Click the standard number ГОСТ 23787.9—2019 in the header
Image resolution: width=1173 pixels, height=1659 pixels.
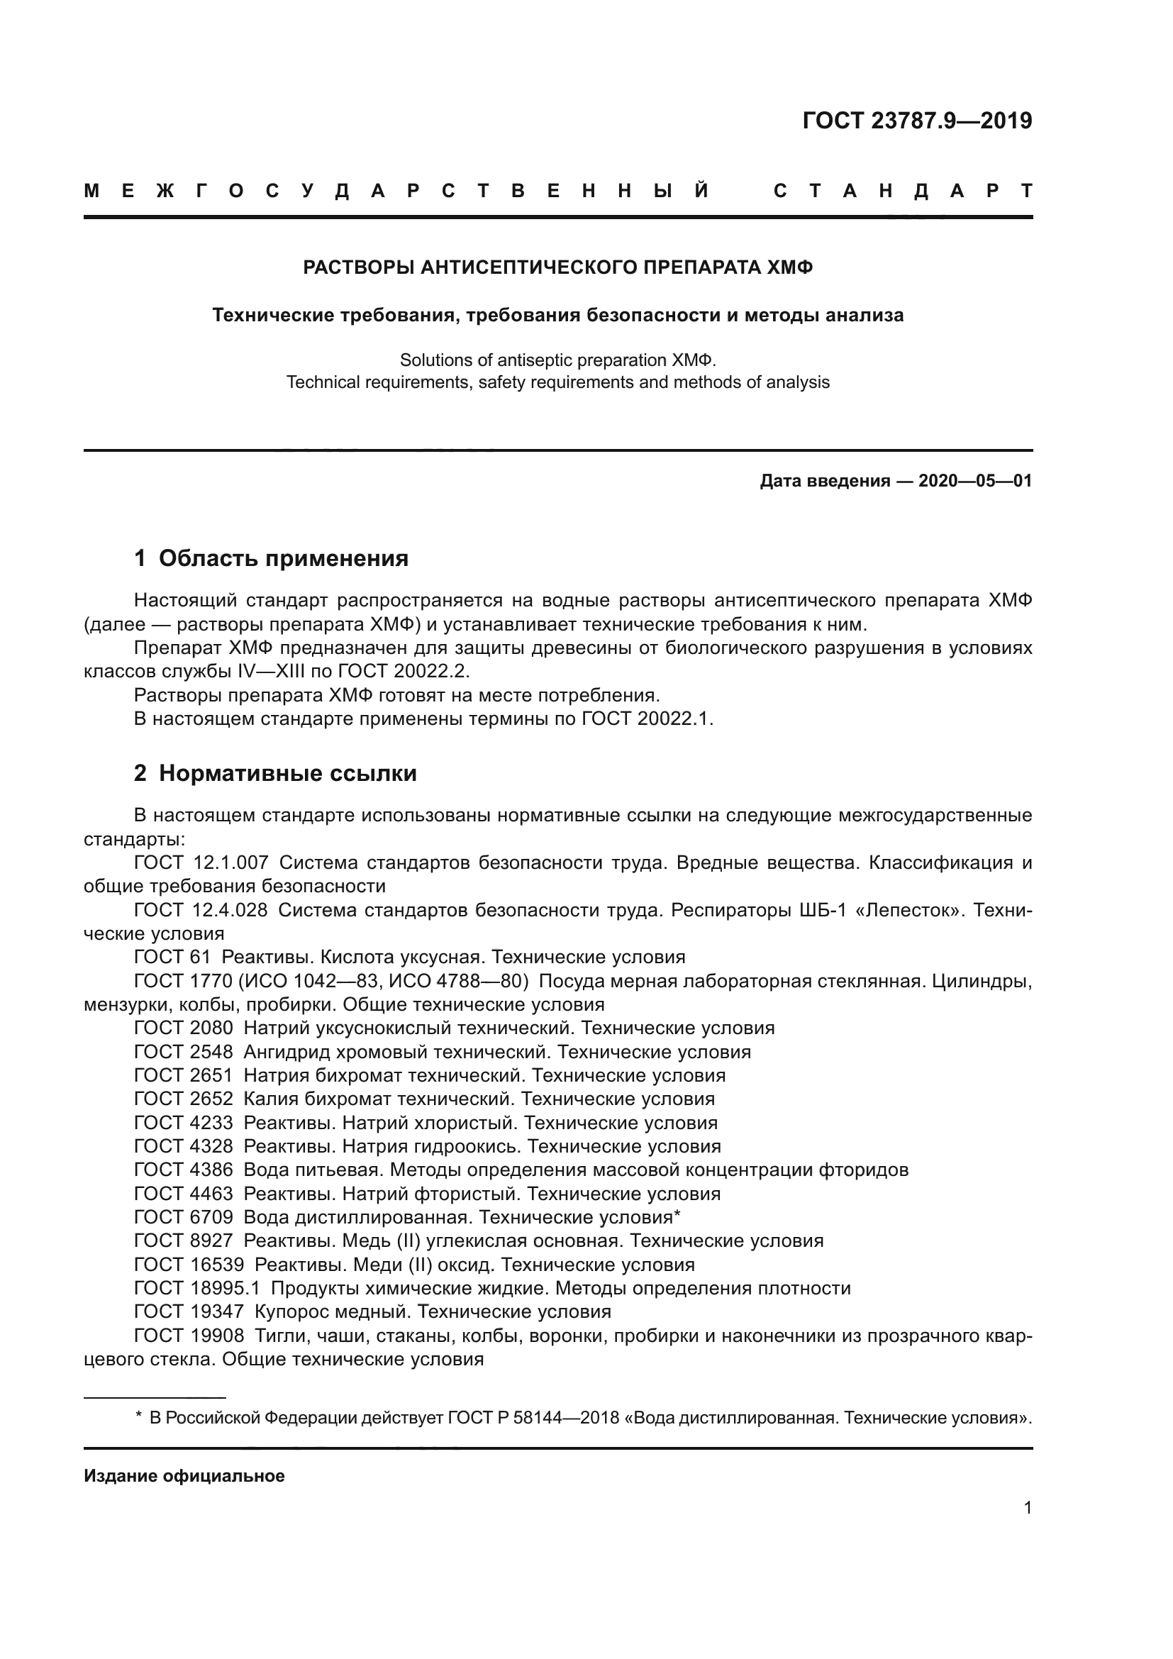click(x=916, y=121)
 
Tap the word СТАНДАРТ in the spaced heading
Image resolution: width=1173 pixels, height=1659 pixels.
click(x=902, y=192)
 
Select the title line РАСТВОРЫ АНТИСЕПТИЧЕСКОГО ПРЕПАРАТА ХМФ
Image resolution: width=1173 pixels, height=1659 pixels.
click(x=557, y=268)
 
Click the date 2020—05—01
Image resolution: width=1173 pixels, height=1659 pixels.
click(x=974, y=481)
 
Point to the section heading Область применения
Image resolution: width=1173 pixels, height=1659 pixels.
click(x=283, y=558)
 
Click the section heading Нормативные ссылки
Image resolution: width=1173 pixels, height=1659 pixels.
click(x=287, y=774)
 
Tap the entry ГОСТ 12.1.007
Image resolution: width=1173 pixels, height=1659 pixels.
click(x=201, y=862)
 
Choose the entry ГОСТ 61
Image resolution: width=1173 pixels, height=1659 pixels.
click(x=172, y=958)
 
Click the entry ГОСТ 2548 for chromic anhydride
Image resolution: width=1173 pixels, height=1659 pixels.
click(x=184, y=1052)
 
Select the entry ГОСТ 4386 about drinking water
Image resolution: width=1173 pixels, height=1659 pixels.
click(x=184, y=1170)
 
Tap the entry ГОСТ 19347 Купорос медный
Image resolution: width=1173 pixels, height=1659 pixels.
click(x=189, y=1311)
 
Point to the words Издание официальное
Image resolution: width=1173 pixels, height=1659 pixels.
click(x=184, y=1476)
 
